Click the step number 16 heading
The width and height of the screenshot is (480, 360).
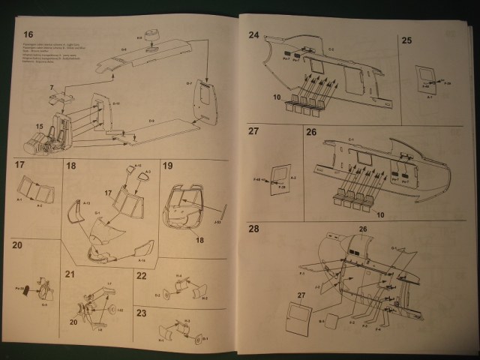[28, 34]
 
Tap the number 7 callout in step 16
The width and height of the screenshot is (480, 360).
[52, 88]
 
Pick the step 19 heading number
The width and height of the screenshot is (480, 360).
[168, 166]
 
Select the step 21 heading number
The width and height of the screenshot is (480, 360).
[71, 275]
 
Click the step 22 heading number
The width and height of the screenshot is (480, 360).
[141, 275]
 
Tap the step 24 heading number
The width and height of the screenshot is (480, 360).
[253, 34]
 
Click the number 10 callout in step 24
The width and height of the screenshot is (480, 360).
[277, 97]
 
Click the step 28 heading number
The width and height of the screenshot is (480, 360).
[253, 228]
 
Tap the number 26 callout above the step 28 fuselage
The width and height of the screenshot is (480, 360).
[363, 229]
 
